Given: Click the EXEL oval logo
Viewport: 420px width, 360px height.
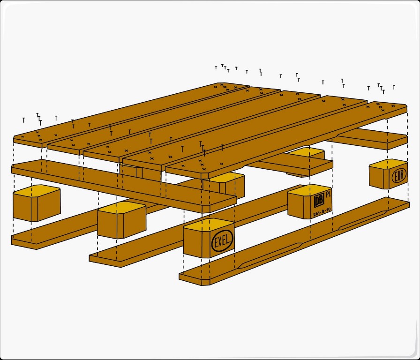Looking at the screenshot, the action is click(222, 241).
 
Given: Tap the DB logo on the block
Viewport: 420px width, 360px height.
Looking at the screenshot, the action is click(319, 200).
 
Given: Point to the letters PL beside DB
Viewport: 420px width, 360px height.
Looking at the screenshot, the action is click(329, 195).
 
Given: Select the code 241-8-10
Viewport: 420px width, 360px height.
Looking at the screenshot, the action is click(322, 211).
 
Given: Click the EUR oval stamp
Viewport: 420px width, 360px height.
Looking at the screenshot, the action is click(399, 176).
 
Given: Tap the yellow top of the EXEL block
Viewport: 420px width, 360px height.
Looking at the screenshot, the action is click(209, 224).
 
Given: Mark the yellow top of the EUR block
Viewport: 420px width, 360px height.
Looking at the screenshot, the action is click(389, 163).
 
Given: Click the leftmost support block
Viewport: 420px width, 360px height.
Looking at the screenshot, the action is click(37, 203).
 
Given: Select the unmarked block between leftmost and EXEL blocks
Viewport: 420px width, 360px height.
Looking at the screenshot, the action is click(121, 220).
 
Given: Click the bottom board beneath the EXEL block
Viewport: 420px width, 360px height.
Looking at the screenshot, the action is click(294, 241).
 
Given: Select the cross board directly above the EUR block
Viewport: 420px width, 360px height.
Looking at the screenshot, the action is click(371, 139).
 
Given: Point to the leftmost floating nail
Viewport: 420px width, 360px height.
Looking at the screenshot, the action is click(24, 120).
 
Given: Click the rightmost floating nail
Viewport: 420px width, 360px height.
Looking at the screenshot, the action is click(394, 87).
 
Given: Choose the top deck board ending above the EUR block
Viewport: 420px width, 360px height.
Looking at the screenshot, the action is click(286, 139).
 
